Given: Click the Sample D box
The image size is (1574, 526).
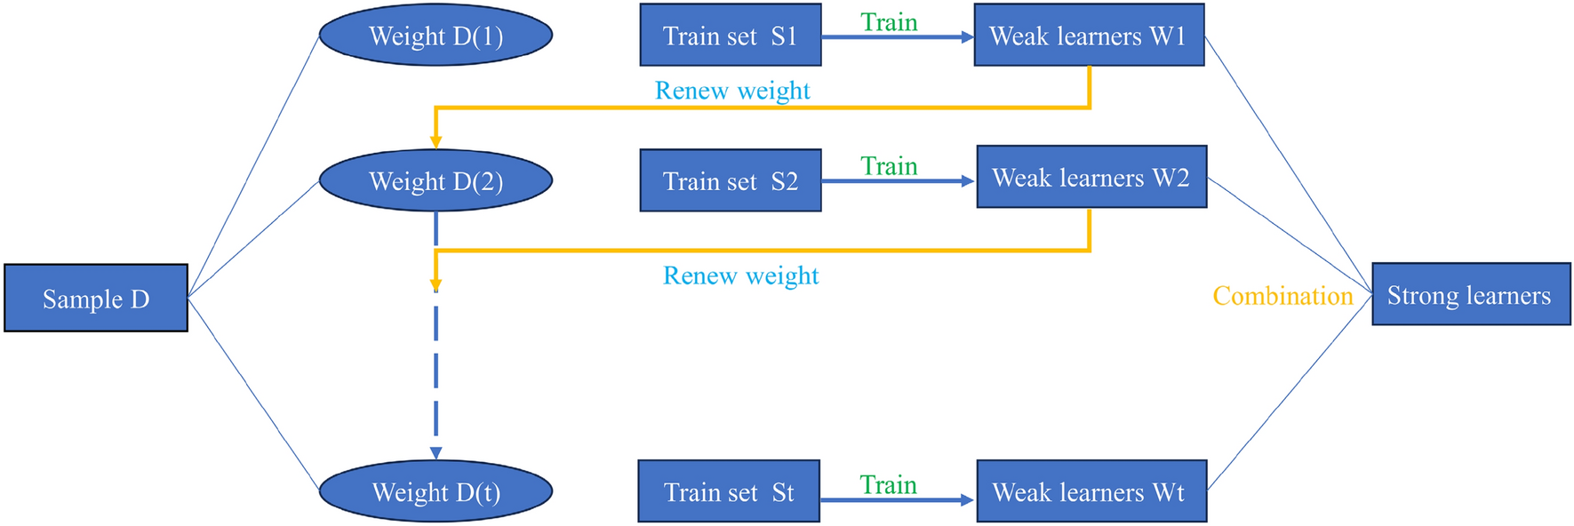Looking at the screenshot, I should pos(96,299).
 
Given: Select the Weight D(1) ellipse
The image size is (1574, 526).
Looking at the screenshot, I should pos(435,36).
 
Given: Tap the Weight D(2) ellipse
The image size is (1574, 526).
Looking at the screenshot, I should pos(435,181).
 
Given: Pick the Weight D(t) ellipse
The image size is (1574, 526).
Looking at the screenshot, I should pos(435,491).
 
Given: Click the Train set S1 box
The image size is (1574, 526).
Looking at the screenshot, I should pos(731,36).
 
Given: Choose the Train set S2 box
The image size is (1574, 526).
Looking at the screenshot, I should pos(731,181).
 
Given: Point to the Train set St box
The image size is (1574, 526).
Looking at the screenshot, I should pos(729,491).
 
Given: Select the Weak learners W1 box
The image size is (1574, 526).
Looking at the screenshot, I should pos(1089,36).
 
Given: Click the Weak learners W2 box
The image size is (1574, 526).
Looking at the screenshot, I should pos(1091,178).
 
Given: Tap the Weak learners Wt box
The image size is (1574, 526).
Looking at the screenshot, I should pos(1091,491).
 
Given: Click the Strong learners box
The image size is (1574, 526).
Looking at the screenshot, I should pos(1471,295).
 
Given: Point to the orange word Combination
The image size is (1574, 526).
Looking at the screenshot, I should pos(1282,296).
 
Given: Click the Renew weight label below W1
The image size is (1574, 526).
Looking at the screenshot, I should pos(732,91).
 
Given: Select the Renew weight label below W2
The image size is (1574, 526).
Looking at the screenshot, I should pos(740,275).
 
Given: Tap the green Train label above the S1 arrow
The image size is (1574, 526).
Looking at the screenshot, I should pos(889,22).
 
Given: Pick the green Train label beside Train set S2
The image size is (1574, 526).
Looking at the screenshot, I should pos(889,166).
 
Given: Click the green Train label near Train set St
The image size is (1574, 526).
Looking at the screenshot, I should pos(888,485).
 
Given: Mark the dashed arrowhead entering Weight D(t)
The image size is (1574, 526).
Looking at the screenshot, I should pos(435,452).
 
